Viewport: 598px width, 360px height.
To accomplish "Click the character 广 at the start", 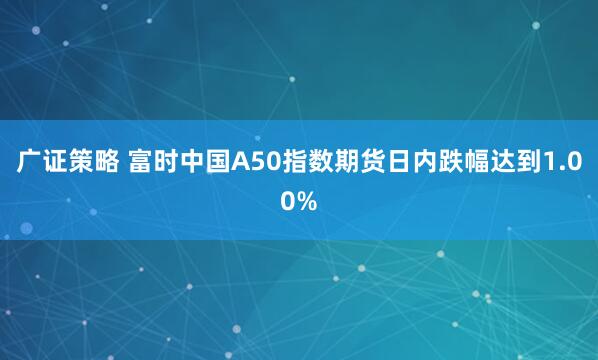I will pos(28,163).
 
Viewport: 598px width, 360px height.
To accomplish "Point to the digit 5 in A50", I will pos(257,163).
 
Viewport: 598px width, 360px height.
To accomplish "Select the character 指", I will pos(291,163).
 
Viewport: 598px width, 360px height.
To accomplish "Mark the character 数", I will pos(317,163).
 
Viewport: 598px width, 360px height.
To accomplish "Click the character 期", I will pos(343,163).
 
